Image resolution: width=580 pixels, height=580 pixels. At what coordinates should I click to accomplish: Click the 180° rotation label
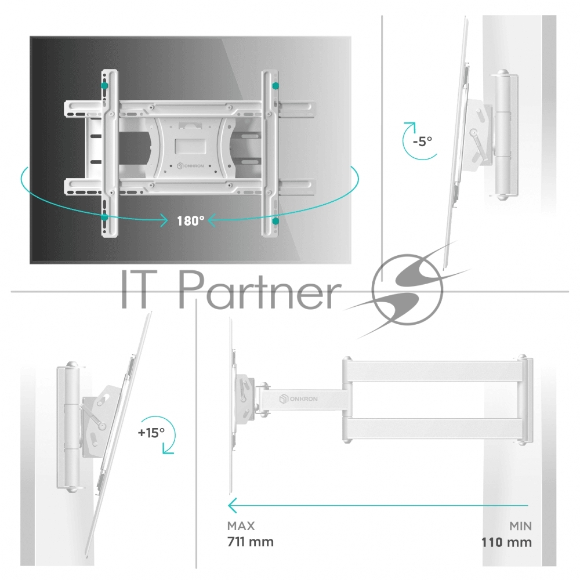[190, 221]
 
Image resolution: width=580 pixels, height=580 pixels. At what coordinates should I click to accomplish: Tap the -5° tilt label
[422, 141]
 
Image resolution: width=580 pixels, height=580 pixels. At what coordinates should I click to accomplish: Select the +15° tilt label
[151, 433]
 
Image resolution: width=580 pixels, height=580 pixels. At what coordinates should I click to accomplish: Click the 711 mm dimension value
[251, 542]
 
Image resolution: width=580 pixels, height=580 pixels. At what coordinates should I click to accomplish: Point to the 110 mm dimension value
[506, 542]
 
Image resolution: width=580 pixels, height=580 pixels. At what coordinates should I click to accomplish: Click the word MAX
[241, 525]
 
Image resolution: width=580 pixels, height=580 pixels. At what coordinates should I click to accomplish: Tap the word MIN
[520, 525]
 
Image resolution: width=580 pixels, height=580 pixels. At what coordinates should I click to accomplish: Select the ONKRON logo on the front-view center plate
[190, 166]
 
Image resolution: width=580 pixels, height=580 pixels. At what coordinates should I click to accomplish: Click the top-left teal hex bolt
[104, 86]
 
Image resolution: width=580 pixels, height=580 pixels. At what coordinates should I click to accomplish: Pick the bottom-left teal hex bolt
[104, 217]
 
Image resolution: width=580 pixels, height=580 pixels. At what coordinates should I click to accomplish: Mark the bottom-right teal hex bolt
[275, 221]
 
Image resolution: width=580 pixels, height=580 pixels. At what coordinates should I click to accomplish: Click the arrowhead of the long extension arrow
[231, 505]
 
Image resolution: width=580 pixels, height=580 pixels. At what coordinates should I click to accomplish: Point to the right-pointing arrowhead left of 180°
[163, 221]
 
